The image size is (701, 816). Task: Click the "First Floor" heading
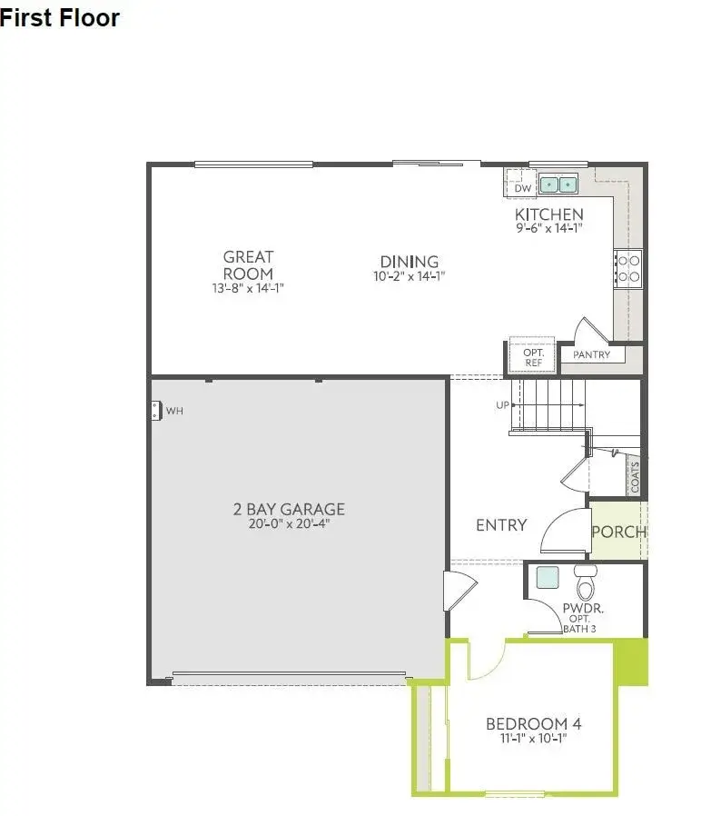pos(60,17)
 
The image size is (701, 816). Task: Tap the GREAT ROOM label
pos(248,265)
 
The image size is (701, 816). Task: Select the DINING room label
pos(410,262)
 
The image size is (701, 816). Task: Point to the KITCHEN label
pos(549,214)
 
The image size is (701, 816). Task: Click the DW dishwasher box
pos(522,188)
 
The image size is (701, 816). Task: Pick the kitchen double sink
pos(559,185)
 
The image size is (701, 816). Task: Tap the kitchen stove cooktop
pos(628,267)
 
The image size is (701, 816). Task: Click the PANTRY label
pos(591,355)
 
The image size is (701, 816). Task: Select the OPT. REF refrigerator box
pos(533,357)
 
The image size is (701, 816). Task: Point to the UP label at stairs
pos(502,405)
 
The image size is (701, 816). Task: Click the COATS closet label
pos(635,478)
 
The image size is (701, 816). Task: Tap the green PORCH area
pos(618,532)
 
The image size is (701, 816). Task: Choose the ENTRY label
pos(501,525)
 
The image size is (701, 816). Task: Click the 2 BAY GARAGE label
pos(289,510)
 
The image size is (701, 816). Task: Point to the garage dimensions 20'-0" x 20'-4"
pos(289,524)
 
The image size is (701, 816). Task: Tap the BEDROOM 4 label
pos(533,724)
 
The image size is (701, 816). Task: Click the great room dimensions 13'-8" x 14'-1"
pos(248,288)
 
